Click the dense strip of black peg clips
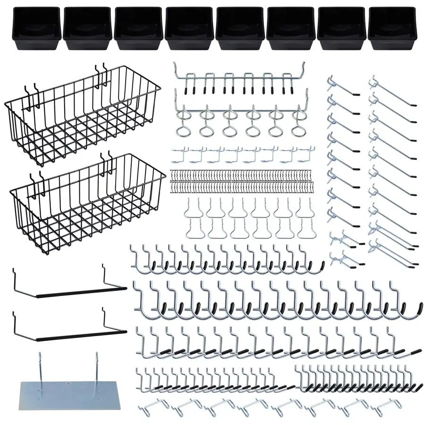pos(241,180)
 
